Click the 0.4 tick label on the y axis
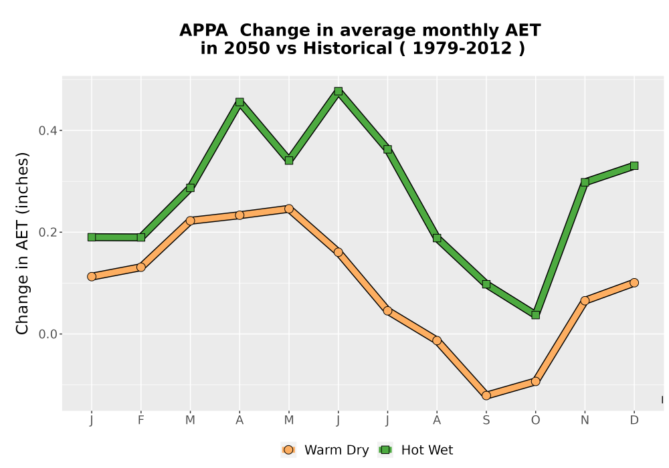coord(47,130)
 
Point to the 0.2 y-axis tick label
coord(47,232)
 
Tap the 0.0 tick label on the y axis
coord(47,334)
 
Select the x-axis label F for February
coord(140,421)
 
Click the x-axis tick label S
coord(486,421)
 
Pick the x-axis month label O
coord(535,421)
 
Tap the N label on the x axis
coord(585,421)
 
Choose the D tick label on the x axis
coord(634,421)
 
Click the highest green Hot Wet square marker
coord(339,91)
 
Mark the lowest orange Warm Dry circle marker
coord(486,396)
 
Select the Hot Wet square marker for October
coord(535,315)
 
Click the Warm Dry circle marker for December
coord(634,283)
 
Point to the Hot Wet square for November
coord(585,182)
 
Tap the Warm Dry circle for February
coord(140,267)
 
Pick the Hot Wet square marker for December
coord(634,165)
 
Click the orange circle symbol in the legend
coord(288,450)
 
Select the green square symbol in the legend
coord(385,450)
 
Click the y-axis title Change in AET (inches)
coord(22,243)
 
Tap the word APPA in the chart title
coord(203,31)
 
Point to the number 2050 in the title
coord(247,48)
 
